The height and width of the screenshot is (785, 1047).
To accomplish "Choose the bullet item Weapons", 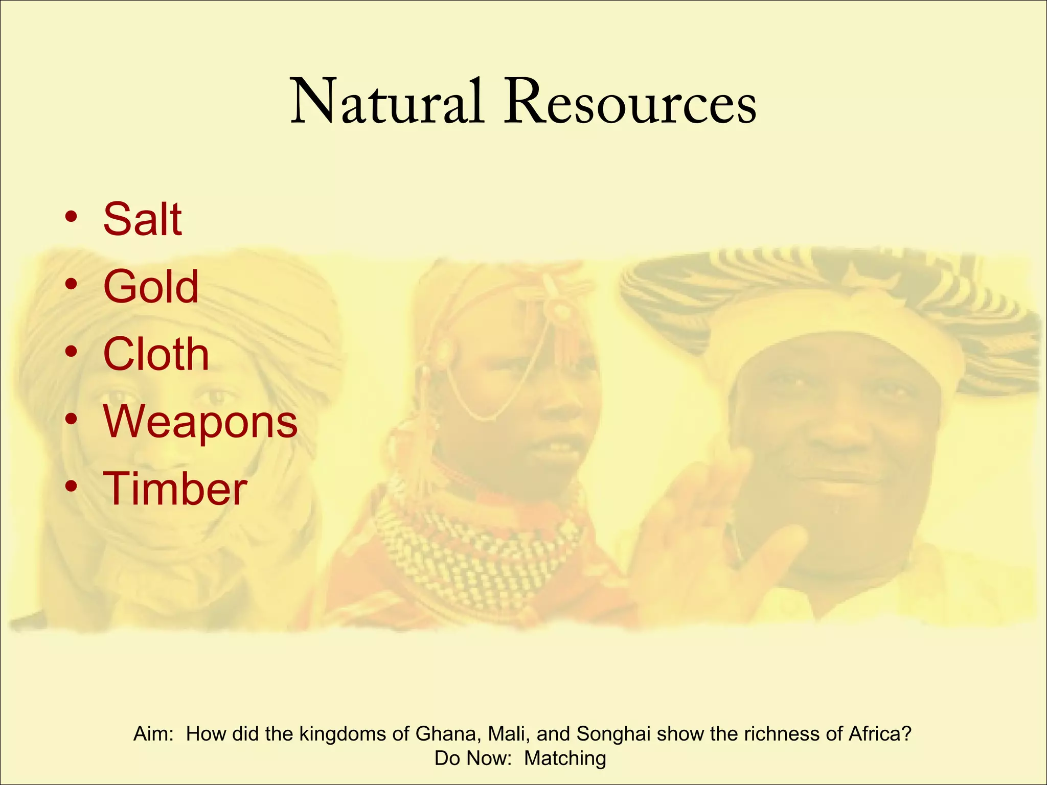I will click(200, 422).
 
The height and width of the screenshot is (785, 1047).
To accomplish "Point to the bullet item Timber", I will click(175, 489).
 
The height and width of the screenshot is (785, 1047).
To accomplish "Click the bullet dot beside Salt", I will click(71, 217).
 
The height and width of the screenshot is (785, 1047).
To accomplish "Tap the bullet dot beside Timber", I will click(71, 487).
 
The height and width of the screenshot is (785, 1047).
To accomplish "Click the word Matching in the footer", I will click(565, 758).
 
